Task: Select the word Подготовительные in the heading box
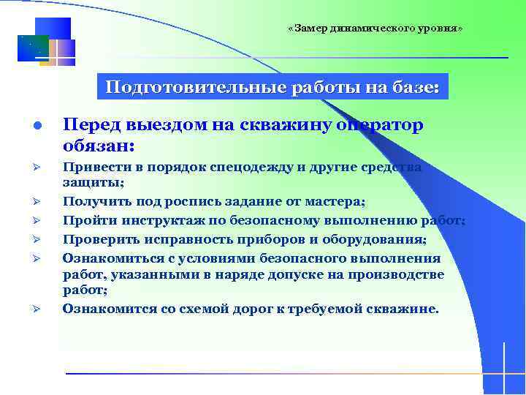coord(196,88)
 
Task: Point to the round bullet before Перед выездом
coord(37,127)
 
